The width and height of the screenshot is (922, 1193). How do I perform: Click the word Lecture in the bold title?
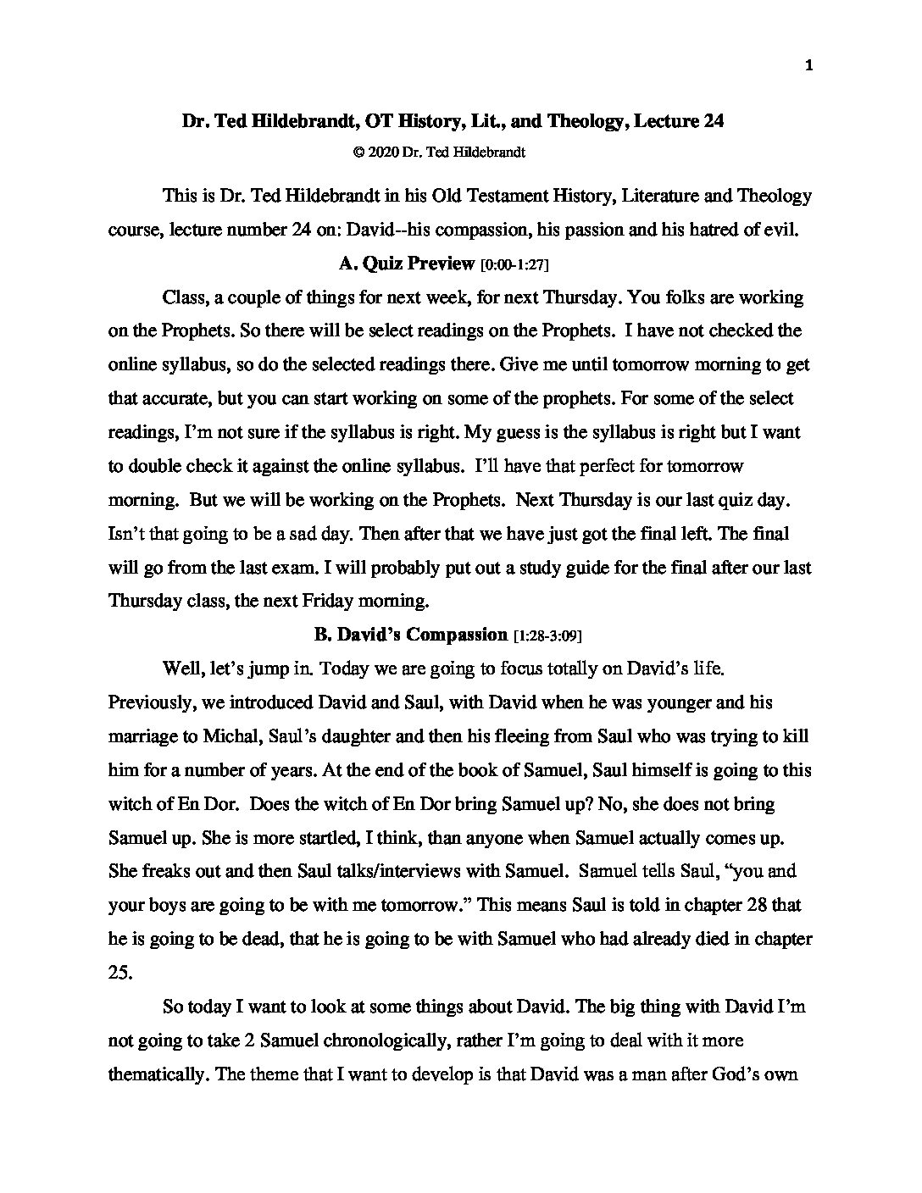pos(660,121)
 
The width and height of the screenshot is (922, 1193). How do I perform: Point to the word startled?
pos(324,838)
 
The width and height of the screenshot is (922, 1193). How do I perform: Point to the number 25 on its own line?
pos(119,973)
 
